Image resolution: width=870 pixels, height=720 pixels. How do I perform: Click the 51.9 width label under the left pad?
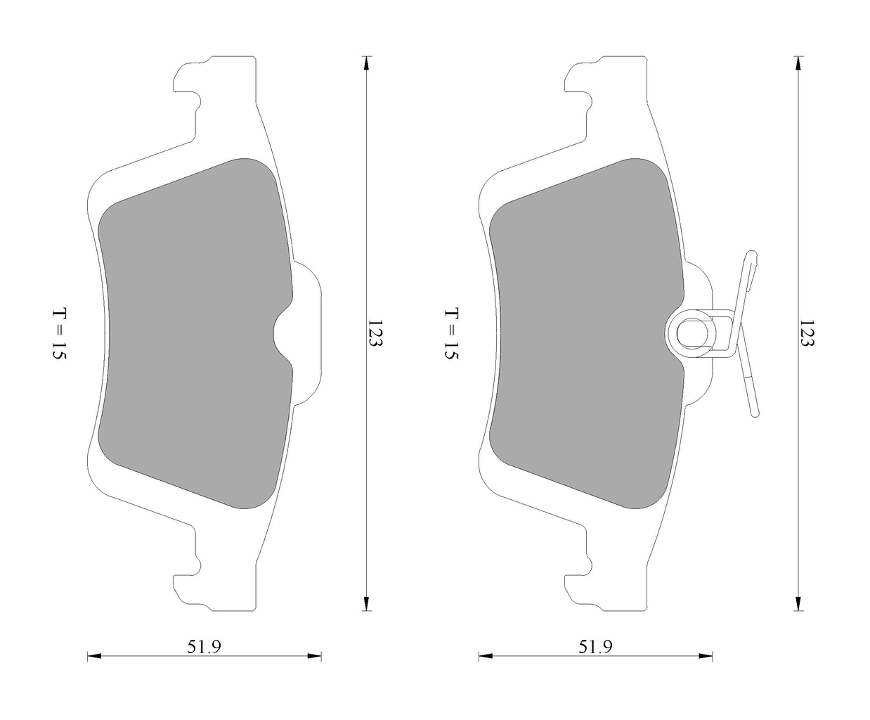[204, 647]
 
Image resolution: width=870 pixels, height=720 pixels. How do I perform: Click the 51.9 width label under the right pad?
[595, 647]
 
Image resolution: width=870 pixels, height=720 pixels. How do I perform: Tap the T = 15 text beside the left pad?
[58, 334]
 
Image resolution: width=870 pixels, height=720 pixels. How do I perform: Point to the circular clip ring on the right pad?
[692, 333]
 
